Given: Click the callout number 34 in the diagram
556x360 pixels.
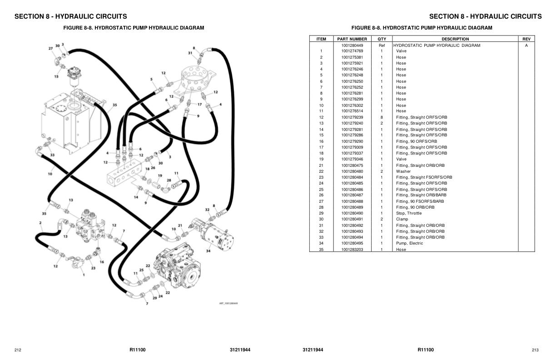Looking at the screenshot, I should [208, 250].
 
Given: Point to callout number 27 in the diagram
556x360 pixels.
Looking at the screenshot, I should [51, 48].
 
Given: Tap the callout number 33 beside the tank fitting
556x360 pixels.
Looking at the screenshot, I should [52, 155].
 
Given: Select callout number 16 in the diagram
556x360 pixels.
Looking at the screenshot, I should [101, 262].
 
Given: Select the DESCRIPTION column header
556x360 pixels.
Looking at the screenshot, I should [455, 39].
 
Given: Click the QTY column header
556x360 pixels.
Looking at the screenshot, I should [382, 39].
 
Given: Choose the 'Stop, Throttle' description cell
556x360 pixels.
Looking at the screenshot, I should [409, 213].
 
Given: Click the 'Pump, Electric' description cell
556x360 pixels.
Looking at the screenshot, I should [409, 243].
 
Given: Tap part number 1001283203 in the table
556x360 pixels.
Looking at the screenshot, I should [352, 250].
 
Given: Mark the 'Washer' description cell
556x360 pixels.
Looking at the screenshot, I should [403, 171].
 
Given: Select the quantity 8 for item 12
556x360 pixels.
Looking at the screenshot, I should [382, 117].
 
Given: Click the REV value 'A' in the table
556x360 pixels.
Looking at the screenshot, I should [526, 45].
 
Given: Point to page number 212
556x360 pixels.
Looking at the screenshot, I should [18, 350].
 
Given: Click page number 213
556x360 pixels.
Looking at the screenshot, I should [535, 350].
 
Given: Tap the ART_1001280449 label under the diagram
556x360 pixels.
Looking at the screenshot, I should [228, 303].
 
